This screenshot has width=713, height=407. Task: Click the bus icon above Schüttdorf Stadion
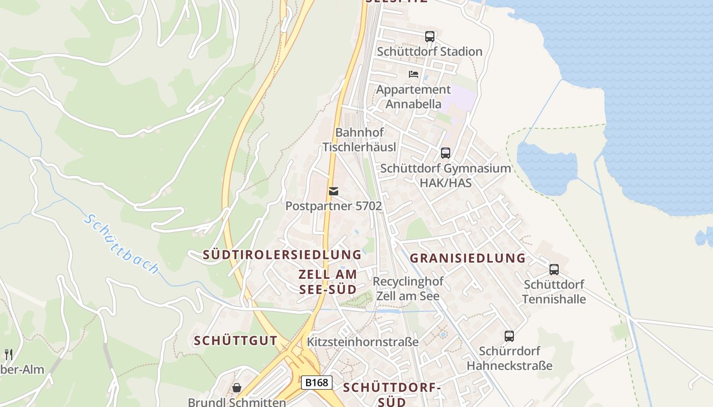430,37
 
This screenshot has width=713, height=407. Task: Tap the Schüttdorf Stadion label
429,51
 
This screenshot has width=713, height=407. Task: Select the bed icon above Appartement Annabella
414,74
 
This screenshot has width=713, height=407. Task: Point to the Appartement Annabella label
413,97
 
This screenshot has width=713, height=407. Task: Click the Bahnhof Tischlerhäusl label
359,139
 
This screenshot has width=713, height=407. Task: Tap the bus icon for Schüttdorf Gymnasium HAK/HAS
446,153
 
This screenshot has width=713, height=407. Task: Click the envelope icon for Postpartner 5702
334,191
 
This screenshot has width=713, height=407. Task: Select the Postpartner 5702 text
334,206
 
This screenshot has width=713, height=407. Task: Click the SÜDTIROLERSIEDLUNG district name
282,254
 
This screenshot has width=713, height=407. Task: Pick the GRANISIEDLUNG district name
468,258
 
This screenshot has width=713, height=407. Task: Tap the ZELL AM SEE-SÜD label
327,281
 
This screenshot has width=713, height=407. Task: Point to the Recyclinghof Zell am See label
408,288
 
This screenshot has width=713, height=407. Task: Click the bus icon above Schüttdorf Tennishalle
554,270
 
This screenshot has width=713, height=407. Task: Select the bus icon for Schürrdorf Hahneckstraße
509,336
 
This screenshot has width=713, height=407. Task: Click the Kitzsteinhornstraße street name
363,341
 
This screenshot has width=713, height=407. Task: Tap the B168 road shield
316,383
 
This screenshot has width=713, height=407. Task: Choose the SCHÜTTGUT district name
235,341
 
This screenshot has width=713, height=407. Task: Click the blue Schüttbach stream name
122,244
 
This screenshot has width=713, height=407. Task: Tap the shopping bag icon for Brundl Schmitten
237,388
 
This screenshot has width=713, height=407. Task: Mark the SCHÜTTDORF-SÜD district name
392,394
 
